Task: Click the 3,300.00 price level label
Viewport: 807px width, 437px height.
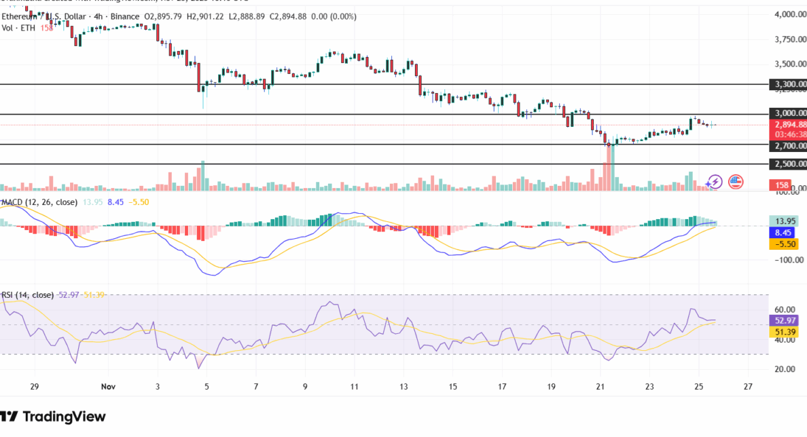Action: (x=788, y=85)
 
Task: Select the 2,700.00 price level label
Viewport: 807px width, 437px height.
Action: (x=788, y=145)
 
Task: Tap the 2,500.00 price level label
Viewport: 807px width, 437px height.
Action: (x=788, y=164)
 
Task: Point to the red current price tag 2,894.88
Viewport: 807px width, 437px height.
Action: (x=788, y=125)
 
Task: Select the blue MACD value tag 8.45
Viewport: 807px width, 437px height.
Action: (x=783, y=232)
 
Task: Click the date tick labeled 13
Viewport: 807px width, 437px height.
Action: (x=403, y=385)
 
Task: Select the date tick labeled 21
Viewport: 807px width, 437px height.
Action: (x=600, y=385)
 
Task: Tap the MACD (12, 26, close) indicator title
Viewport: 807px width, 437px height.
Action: (x=39, y=202)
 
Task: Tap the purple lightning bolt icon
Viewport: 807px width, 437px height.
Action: (x=714, y=181)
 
